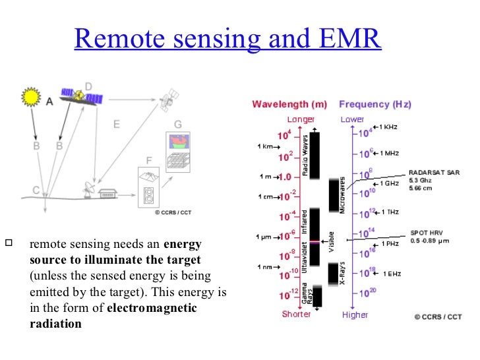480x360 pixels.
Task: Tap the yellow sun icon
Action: coord(31,98)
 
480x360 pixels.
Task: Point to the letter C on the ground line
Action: coord(36,190)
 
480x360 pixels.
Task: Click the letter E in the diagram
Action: coord(117,123)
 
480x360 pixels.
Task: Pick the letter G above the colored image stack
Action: coord(178,124)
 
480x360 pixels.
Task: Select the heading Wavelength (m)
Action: coord(289,104)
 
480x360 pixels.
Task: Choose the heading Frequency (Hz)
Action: coord(375,104)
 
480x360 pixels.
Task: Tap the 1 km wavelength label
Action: coord(265,146)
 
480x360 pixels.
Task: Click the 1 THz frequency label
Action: coord(389,212)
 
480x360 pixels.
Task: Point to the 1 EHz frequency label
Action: coord(389,273)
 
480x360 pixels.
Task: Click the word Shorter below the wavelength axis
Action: coord(296,315)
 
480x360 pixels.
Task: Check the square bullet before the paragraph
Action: coord(9,243)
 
